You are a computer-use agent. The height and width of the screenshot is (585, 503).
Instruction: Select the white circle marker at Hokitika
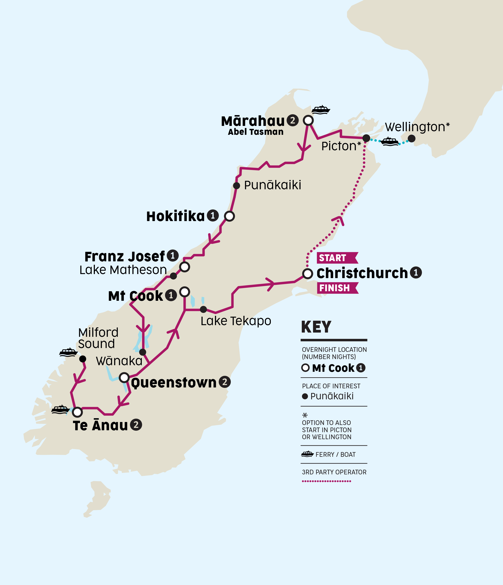coord(229,216)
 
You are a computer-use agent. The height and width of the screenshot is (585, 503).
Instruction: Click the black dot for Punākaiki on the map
coord(236,185)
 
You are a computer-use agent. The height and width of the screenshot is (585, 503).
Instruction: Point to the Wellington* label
coord(417,127)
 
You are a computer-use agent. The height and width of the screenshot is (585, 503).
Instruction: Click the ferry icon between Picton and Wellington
coord(390,141)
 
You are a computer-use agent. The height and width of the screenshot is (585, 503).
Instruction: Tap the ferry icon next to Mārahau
coord(321,110)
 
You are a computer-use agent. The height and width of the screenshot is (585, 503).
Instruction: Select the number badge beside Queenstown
coord(225,382)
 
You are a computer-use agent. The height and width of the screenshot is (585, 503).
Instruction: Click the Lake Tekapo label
coord(236,321)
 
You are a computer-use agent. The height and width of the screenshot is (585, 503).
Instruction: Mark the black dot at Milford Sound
coord(83,359)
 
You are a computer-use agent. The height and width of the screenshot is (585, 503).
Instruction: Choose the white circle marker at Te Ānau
coord(77,412)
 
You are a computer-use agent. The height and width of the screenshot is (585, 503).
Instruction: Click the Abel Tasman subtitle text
coord(256,132)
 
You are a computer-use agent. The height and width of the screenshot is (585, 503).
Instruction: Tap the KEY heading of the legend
coord(316,327)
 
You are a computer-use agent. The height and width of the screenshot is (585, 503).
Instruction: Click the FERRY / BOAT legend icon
coord(307,454)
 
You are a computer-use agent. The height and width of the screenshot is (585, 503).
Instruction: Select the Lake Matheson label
coord(123,270)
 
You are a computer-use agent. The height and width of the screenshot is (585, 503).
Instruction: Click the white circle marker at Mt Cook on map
coord(185,291)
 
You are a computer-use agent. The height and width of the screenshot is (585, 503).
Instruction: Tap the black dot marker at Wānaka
coord(143,352)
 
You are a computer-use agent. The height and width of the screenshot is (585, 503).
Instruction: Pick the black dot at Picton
coord(366,138)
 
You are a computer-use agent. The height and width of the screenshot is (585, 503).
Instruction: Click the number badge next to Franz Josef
coord(173,256)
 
